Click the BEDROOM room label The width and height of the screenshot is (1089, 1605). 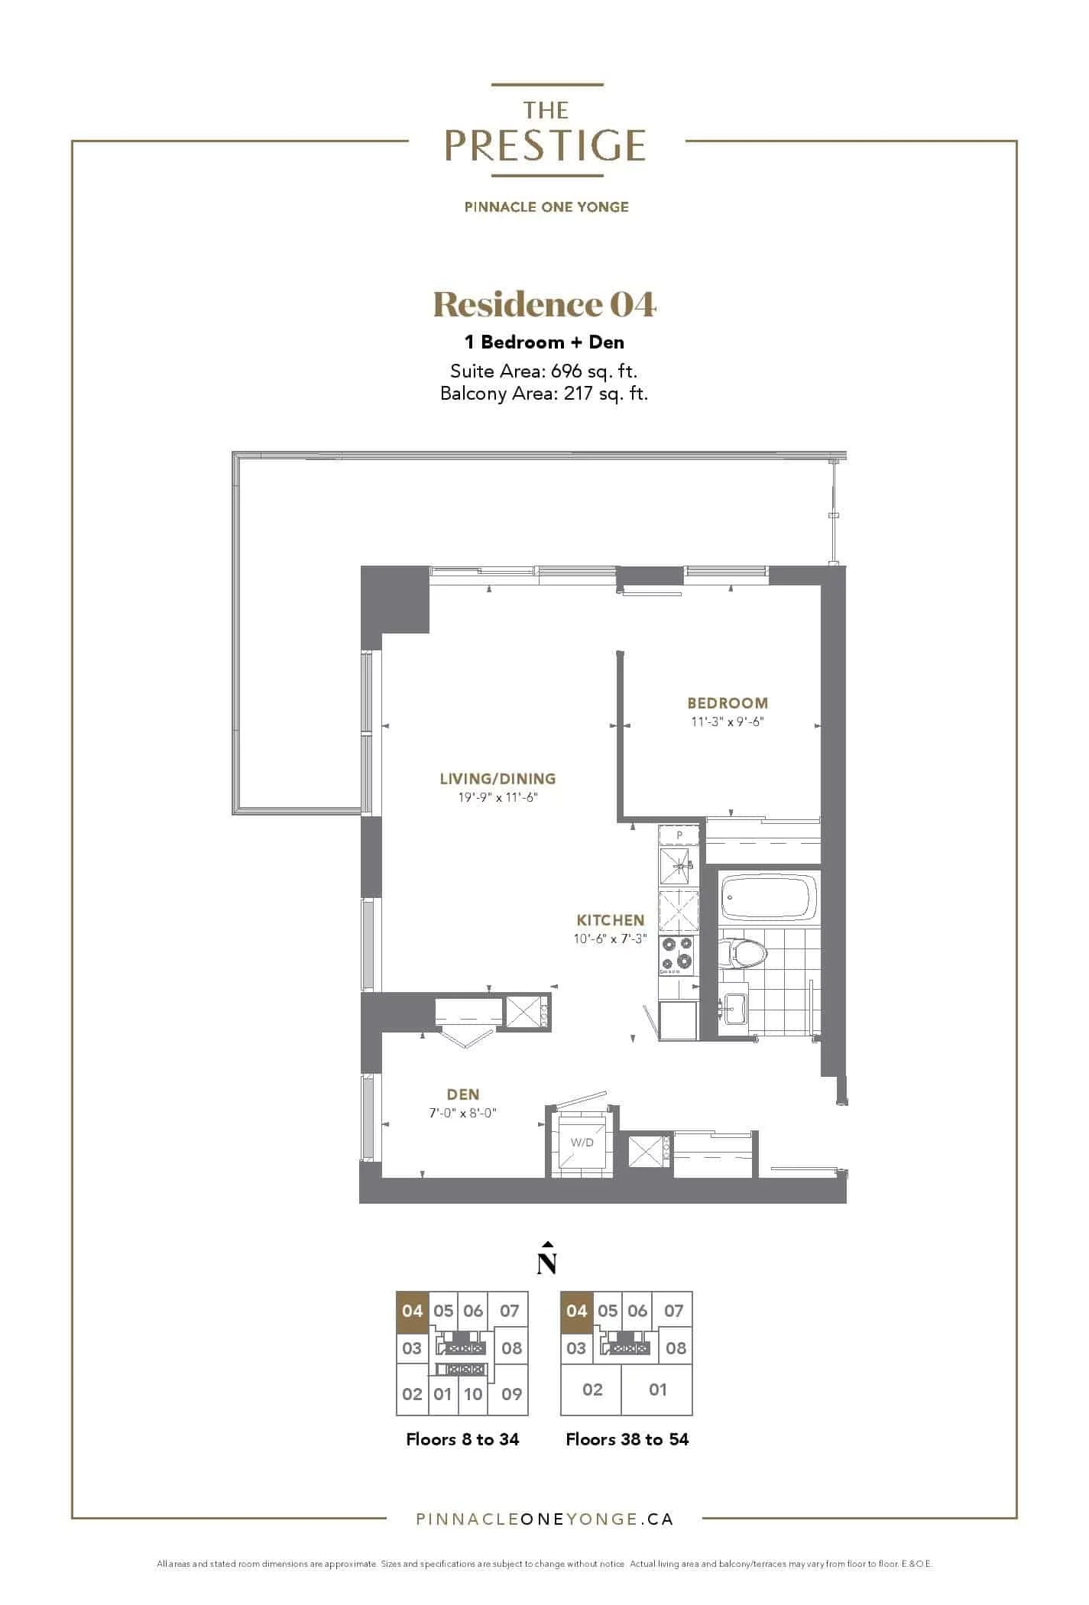click(728, 703)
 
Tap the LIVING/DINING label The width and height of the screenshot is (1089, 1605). click(498, 779)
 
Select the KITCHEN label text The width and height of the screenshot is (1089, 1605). click(611, 921)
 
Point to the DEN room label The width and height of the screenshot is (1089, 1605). click(463, 1095)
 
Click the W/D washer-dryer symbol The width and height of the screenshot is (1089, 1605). click(582, 1143)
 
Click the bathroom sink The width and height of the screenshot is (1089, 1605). click(734, 1008)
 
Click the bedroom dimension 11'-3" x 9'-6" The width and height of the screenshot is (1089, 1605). click(728, 721)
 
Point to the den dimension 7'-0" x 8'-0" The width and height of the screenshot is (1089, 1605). click(463, 1113)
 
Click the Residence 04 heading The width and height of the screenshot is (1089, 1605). click(545, 305)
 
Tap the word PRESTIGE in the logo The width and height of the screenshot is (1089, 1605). click(545, 145)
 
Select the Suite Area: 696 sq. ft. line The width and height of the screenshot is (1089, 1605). click(544, 371)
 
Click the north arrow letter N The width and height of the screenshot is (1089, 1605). click(546, 1263)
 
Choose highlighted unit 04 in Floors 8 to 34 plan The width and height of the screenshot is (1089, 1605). click(412, 1312)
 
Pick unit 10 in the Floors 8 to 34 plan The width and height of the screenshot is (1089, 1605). click(473, 1394)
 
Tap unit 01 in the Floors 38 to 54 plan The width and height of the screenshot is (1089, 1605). click(658, 1389)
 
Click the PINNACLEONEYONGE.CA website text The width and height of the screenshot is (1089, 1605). click(544, 1519)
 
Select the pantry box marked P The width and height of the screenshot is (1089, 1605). click(679, 835)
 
